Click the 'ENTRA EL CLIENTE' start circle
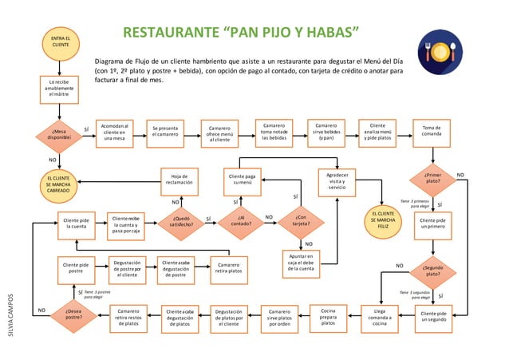click(x=60, y=42)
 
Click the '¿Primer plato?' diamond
click(x=432, y=177)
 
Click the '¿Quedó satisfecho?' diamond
click(x=180, y=220)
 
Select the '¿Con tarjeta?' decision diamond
click(x=300, y=220)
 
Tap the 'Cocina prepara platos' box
click(x=327, y=318)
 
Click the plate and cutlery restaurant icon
click(x=439, y=53)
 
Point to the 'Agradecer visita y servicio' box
click(x=337, y=181)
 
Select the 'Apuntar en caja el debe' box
click(x=301, y=264)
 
